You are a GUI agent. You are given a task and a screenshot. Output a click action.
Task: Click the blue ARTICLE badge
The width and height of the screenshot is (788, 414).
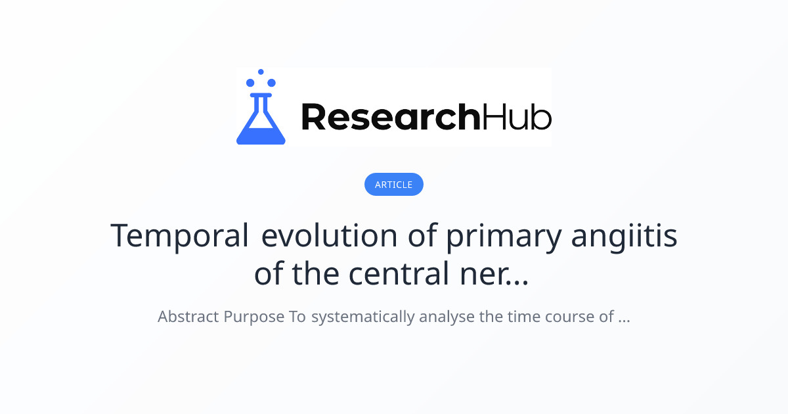point(394,185)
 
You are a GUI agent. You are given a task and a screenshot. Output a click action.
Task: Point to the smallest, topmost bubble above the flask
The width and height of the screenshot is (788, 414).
point(261,72)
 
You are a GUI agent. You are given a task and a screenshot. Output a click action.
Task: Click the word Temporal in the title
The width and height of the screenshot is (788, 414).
point(179,235)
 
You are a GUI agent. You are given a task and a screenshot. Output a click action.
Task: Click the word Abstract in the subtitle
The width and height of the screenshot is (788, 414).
point(188,317)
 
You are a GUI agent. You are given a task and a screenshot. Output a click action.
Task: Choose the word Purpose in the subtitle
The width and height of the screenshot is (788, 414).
point(254,317)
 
